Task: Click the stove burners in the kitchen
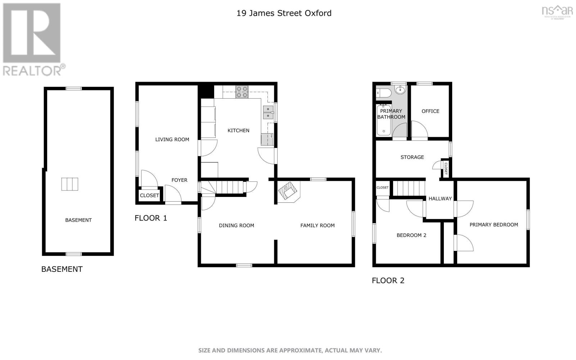tap(242, 92)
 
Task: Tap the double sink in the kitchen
tap(268, 112)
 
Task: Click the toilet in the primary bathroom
tap(383, 93)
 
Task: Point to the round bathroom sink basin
tap(400, 90)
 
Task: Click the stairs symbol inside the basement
tap(69, 184)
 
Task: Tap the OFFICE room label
tap(430, 111)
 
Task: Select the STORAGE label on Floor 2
tap(412, 157)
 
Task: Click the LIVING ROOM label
tap(172, 140)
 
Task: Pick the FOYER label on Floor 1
tap(179, 180)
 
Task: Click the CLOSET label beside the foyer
tap(149, 195)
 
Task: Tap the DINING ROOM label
tap(237, 226)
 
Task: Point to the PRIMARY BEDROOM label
tap(494, 225)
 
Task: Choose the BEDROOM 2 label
tap(411, 235)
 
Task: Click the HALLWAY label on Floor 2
tap(440, 198)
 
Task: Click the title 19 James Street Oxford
tap(284, 13)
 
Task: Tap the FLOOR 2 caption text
tap(388, 280)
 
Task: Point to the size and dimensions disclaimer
tap(290, 350)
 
